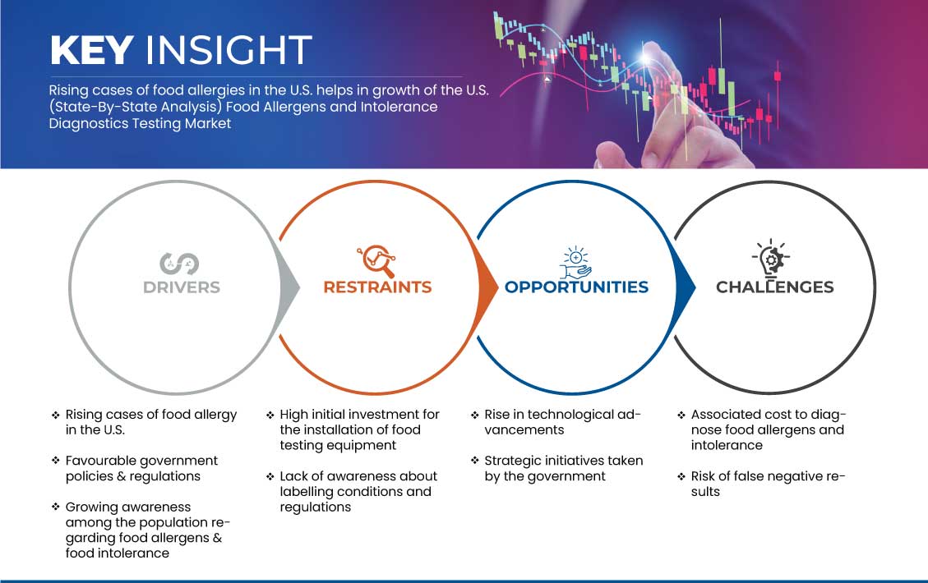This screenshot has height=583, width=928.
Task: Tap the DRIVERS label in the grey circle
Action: click(182, 287)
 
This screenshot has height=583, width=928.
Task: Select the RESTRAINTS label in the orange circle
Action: click(377, 287)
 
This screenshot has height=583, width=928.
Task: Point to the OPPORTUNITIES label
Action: click(576, 287)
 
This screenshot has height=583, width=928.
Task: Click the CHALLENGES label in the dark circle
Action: click(775, 287)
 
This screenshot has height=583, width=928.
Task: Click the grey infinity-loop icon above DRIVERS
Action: click(179, 264)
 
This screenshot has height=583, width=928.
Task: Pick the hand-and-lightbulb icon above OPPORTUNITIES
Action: click(576, 263)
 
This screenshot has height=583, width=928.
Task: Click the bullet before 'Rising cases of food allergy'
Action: click(56, 415)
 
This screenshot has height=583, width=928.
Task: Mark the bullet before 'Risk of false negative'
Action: click(681, 476)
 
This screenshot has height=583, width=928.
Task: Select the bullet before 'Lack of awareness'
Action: click(270, 476)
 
